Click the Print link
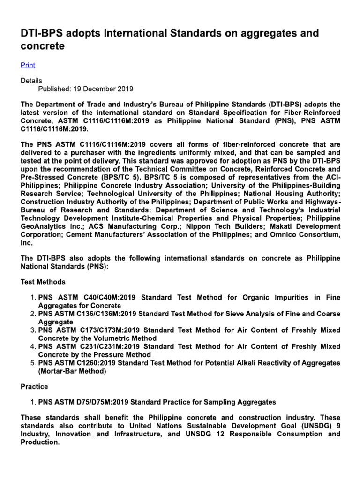click(x=28, y=65)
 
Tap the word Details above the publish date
click(x=31, y=81)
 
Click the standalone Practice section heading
click(x=34, y=387)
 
